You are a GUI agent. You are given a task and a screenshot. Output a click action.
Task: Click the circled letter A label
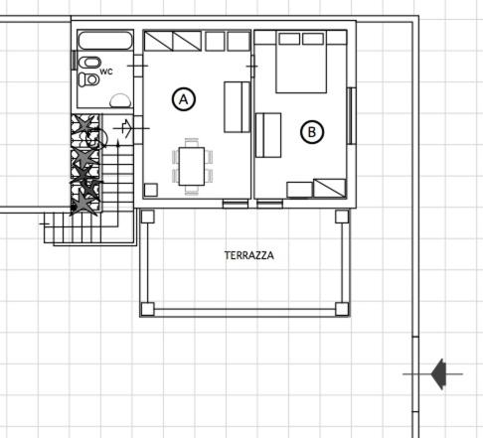coord(184,99)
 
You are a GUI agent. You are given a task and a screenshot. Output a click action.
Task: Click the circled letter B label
coord(312,132)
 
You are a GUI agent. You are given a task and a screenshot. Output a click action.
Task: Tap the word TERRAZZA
coord(249,255)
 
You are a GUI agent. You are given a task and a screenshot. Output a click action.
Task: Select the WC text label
coord(106,72)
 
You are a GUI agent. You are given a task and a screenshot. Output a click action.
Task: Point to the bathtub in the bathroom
coord(105,41)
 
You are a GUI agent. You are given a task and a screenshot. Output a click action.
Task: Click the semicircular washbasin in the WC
coord(120,100)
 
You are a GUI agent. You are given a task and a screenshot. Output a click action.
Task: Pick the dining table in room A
coord(192,166)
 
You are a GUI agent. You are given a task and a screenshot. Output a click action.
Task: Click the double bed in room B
coord(301,62)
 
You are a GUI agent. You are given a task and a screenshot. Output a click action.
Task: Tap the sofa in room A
coord(237,107)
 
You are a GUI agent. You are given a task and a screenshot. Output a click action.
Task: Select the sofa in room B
coord(268,135)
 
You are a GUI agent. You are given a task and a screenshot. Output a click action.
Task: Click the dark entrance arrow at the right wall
coord(438,374)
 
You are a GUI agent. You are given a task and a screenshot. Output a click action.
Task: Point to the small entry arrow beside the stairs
coord(127,128)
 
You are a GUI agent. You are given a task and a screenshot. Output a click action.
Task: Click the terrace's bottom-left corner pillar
coord(147,309)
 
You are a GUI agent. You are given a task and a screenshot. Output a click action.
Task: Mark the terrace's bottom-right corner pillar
coord(342,309)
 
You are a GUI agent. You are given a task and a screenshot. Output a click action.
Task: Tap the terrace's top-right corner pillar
coord(342,217)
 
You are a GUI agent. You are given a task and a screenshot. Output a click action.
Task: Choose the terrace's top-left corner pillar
coord(147,217)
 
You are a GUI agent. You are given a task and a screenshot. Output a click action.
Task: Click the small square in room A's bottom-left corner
coord(151,190)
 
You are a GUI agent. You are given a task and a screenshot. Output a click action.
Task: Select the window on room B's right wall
coord(351,116)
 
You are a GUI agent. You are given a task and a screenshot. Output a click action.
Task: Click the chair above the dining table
coord(192,143)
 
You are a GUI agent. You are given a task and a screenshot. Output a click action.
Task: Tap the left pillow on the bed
coord(289,39)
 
